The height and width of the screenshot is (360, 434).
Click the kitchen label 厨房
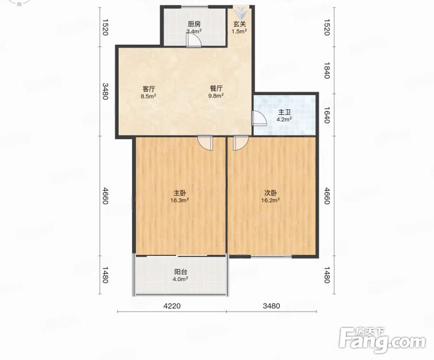[194, 24]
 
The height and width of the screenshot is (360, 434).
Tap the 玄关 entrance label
[239, 24]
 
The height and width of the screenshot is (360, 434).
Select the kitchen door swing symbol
[193, 41]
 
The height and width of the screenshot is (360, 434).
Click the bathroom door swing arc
[258, 119]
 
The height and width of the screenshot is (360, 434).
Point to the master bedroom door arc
[205, 143]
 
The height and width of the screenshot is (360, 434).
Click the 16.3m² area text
[180, 200]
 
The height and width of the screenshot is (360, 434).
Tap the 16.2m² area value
[270, 200]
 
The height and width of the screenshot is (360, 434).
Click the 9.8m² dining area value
[216, 96]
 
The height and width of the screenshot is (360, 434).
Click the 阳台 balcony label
[180, 272]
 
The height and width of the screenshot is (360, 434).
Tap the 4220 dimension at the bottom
[172, 306]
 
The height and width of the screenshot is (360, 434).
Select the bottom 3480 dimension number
[271, 306]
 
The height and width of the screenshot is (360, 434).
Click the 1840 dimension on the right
[327, 71]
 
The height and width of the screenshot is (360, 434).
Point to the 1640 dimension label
[327, 115]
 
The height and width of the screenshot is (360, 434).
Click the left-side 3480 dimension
[105, 91]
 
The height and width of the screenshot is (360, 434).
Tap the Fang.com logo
[382, 340]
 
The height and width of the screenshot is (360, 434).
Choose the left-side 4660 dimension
[105, 196]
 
